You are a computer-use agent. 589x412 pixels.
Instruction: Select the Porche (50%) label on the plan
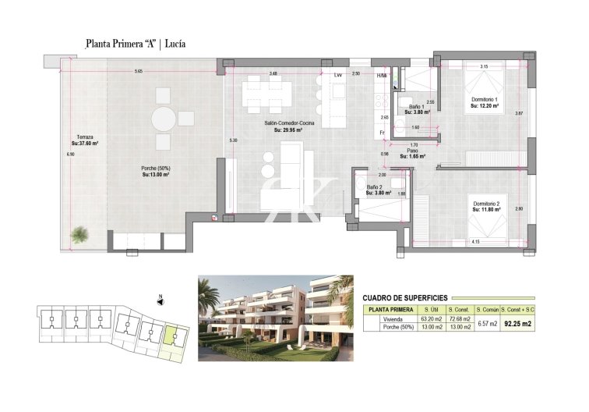(156, 172)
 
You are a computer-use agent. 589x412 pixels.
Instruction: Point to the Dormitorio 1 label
(484, 103)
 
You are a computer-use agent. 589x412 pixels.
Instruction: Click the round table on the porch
(164, 119)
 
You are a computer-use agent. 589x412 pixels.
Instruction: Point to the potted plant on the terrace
(80, 233)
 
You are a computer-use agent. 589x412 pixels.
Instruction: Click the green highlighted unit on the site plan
(171, 337)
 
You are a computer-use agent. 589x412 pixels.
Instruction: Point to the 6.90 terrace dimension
(71, 155)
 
